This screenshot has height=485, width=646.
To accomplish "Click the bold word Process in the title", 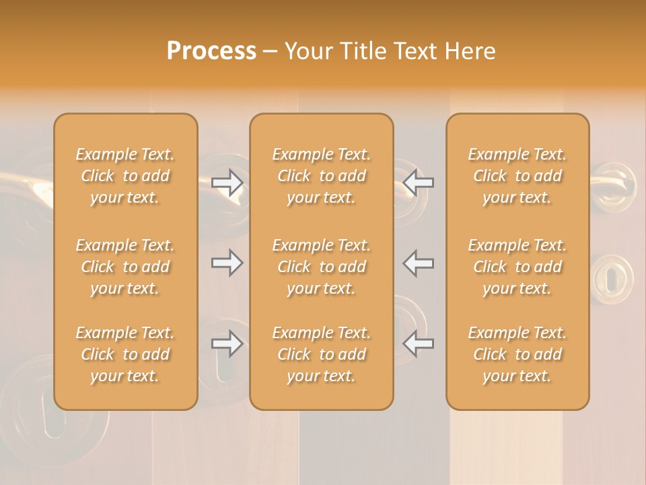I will click(x=211, y=51).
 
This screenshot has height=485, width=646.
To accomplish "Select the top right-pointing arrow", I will click(x=227, y=182).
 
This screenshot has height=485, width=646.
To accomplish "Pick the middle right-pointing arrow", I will click(x=227, y=263).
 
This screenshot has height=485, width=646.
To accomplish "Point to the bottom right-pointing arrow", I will click(x=227, y=344).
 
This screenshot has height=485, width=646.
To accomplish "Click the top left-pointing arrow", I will click(x=419, y=182).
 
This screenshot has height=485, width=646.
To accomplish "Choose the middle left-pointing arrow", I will click(x=419, y=263).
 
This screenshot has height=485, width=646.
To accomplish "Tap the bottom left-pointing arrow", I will click(x=419, y=344).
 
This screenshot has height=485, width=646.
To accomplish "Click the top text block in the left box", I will click(x=125, y=176).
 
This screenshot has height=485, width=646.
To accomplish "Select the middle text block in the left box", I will click(x=125, y=267).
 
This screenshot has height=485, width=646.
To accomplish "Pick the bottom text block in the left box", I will click(x=125, y=354).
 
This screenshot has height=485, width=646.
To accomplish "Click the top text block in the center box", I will click(x=321, y=176).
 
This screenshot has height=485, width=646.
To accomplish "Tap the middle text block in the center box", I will click(x=321, y=267).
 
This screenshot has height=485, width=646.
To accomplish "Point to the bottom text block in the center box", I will click(x=321, y=354).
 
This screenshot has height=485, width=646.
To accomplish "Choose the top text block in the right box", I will click(x=517, y=176).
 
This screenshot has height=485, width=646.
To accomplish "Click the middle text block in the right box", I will click(x=517, y=267).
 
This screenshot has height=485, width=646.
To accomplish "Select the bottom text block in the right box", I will click(x=517, y=354).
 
